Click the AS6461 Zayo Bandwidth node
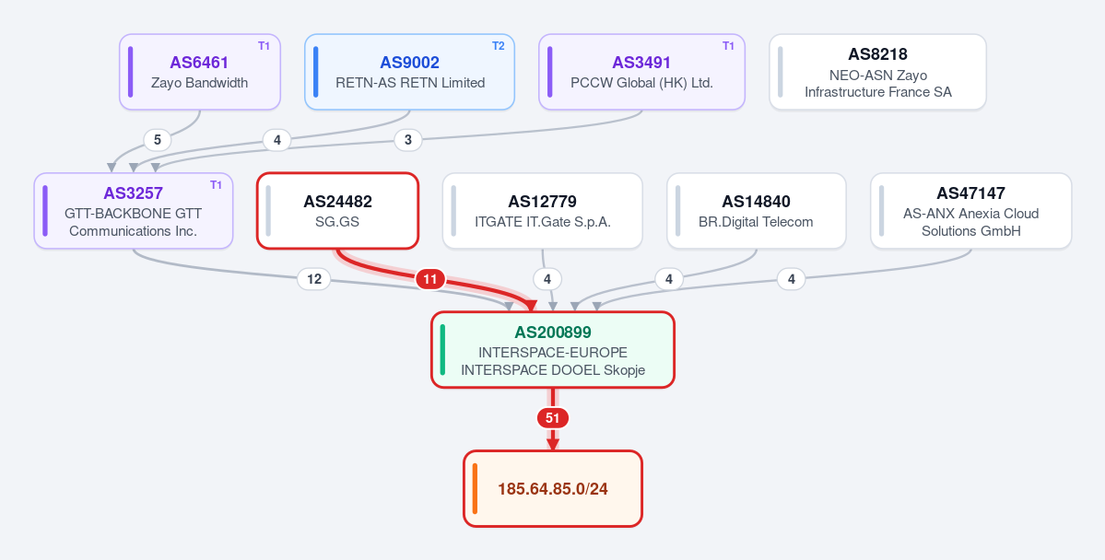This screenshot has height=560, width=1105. click(200, 72)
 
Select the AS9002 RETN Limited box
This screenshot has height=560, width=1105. click(409, 72)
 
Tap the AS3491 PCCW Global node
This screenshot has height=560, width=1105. click(642, 72)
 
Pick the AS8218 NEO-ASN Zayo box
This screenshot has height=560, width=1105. click(877, 72)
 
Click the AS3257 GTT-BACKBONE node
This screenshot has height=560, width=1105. click(134, 211)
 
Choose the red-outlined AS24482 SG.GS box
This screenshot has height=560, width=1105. click(337, 211)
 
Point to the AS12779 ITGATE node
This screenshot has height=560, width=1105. click(543, 211)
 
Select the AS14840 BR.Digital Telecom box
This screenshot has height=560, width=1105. click(756, 211)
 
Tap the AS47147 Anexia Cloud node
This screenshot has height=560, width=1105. click(971, 211)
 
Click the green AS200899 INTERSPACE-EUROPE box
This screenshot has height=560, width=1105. click(553, 349)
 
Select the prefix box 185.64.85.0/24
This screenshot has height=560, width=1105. click(553, 488)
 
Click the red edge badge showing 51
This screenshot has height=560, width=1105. click(553, 418)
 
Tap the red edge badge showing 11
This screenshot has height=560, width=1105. click(430, 280)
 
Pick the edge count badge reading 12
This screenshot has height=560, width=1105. click(314, 280)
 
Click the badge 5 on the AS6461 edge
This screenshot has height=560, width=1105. click(158, 140)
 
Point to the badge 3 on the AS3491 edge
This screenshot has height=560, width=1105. click(408, 140)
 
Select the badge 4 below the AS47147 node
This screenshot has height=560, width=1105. click(792, 280)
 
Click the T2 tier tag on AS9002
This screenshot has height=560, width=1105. click(499, 46)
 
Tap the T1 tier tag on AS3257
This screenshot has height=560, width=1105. click(217, 184)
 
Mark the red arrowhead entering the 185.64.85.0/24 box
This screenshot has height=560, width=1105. click(553, 444)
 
